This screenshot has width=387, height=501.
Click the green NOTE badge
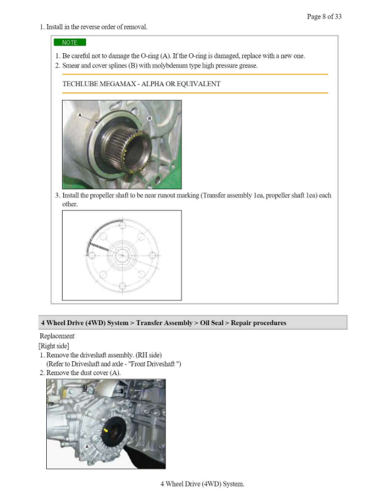70,42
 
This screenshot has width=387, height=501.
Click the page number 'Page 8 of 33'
324,16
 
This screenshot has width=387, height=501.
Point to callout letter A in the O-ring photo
80,116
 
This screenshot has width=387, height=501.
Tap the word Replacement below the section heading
57,336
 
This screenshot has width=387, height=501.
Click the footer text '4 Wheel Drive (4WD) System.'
202,484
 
